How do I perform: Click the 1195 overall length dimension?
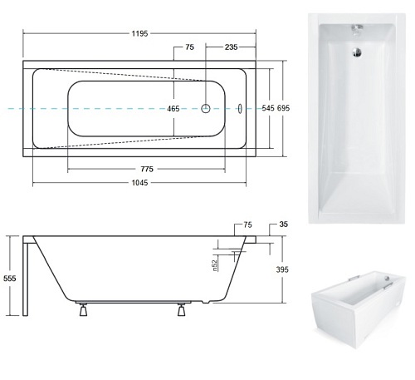click(139, 33)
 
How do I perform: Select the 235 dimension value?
click(231, 47)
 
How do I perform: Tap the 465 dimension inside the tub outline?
click(173, 109)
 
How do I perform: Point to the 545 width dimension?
click(268, 108)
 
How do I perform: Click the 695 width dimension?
click(284, 108)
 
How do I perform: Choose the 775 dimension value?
click(147, 169)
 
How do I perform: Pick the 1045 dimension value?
click(139, 183)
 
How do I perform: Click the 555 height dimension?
click(10, 279)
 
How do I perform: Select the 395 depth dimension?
click(282, 269)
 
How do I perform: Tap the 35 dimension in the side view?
click(284, 224)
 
